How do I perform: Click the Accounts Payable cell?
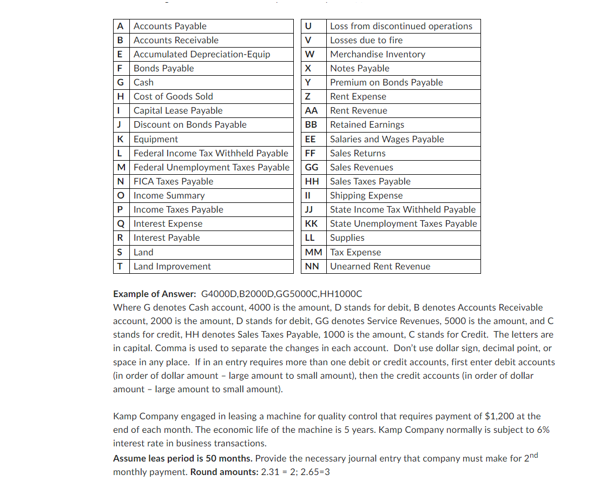170,26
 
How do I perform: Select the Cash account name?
143,82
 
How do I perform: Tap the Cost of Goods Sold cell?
173,96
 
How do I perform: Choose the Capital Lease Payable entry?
178,110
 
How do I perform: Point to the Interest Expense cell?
168,223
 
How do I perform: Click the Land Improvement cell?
172,266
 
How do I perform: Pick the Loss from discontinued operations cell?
401,26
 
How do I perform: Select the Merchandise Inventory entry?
378,54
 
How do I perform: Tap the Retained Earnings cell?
367,124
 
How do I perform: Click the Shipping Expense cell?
366,195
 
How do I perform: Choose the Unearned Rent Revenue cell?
380,266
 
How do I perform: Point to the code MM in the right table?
313,252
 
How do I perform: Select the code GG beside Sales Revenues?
312,167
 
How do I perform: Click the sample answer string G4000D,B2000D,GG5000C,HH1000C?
281,294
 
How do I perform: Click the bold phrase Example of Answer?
154,294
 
